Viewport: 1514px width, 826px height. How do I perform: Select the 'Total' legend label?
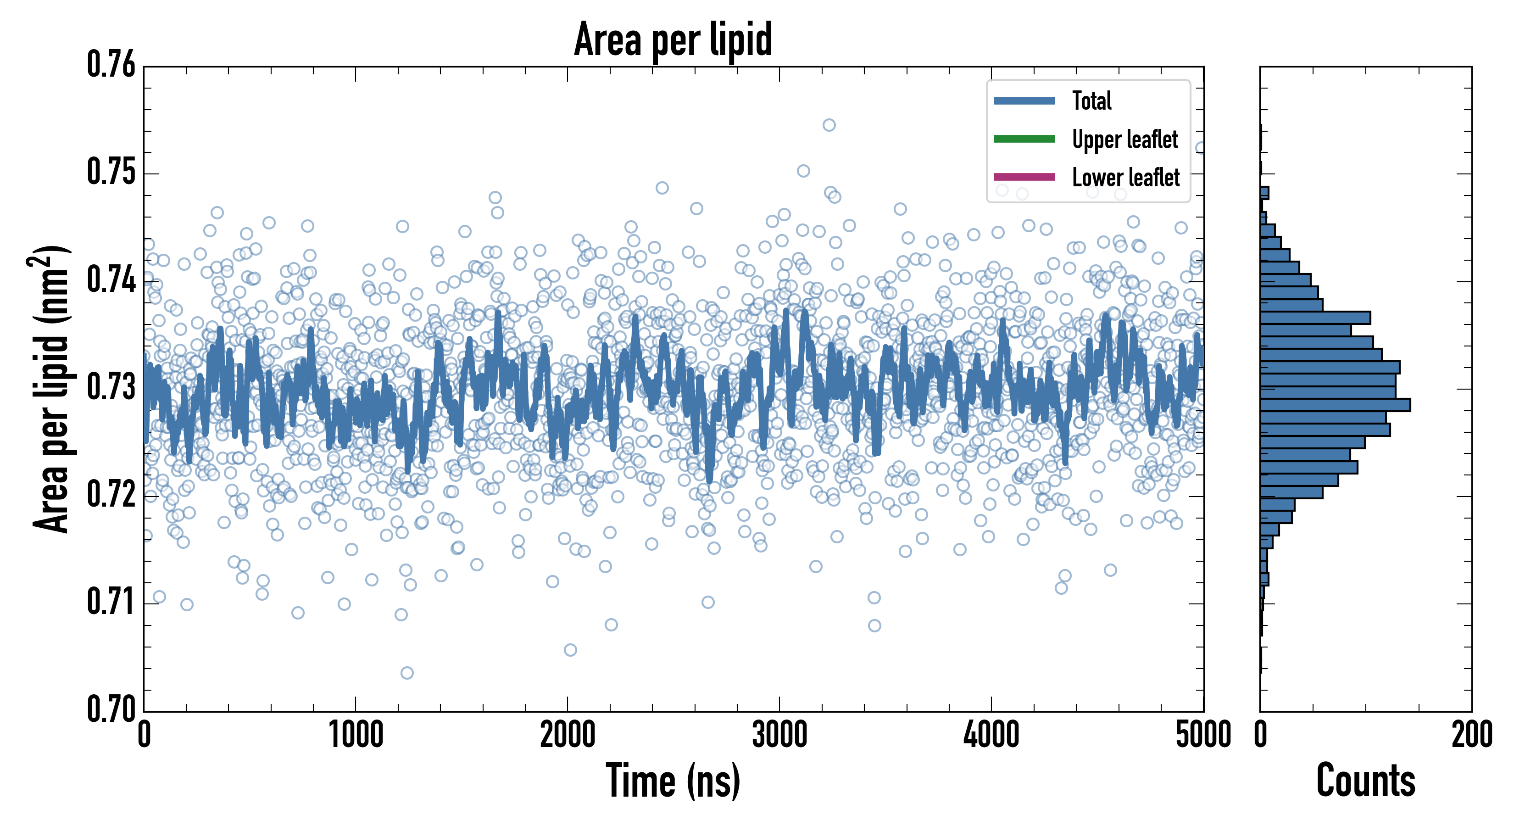pos(1091,100)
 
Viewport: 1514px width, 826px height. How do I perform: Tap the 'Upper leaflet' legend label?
pos(1124,140)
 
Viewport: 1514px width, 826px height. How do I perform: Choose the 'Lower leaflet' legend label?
pos(1125,177)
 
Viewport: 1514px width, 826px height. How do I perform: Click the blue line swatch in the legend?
pos(1024,100)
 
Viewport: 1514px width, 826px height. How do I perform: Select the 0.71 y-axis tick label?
pos(111,602)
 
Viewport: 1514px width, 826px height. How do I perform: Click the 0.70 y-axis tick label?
pos(111,709)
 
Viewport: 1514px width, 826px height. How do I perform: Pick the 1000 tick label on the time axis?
pos(356,735)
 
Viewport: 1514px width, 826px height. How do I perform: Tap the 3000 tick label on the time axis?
pos(779,735)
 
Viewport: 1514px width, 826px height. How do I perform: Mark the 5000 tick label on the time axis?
pos(1203,735)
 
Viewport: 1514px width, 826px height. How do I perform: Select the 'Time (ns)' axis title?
pos(673,781)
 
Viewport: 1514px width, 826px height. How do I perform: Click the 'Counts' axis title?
pos(1365,781)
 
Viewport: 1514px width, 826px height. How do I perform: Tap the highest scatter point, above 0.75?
pos(829,125)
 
